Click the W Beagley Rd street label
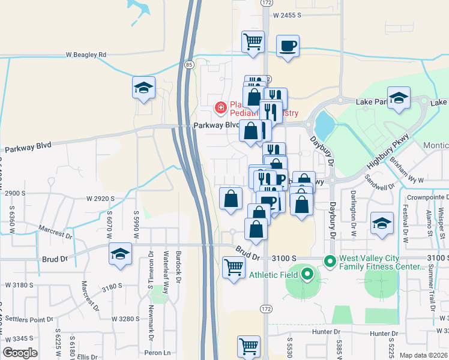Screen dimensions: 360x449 [86, 55]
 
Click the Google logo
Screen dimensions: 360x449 [20, 353]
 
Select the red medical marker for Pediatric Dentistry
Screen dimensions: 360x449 [221, 107]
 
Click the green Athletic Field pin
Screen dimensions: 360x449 [307, 275]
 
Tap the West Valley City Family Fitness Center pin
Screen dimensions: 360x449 [330, 261]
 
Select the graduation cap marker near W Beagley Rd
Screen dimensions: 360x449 [144, 88]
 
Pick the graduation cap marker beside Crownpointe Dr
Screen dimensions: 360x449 [382, 224]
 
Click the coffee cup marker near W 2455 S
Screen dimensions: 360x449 [288, 46]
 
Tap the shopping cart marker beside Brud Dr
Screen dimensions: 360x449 [233, 266]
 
